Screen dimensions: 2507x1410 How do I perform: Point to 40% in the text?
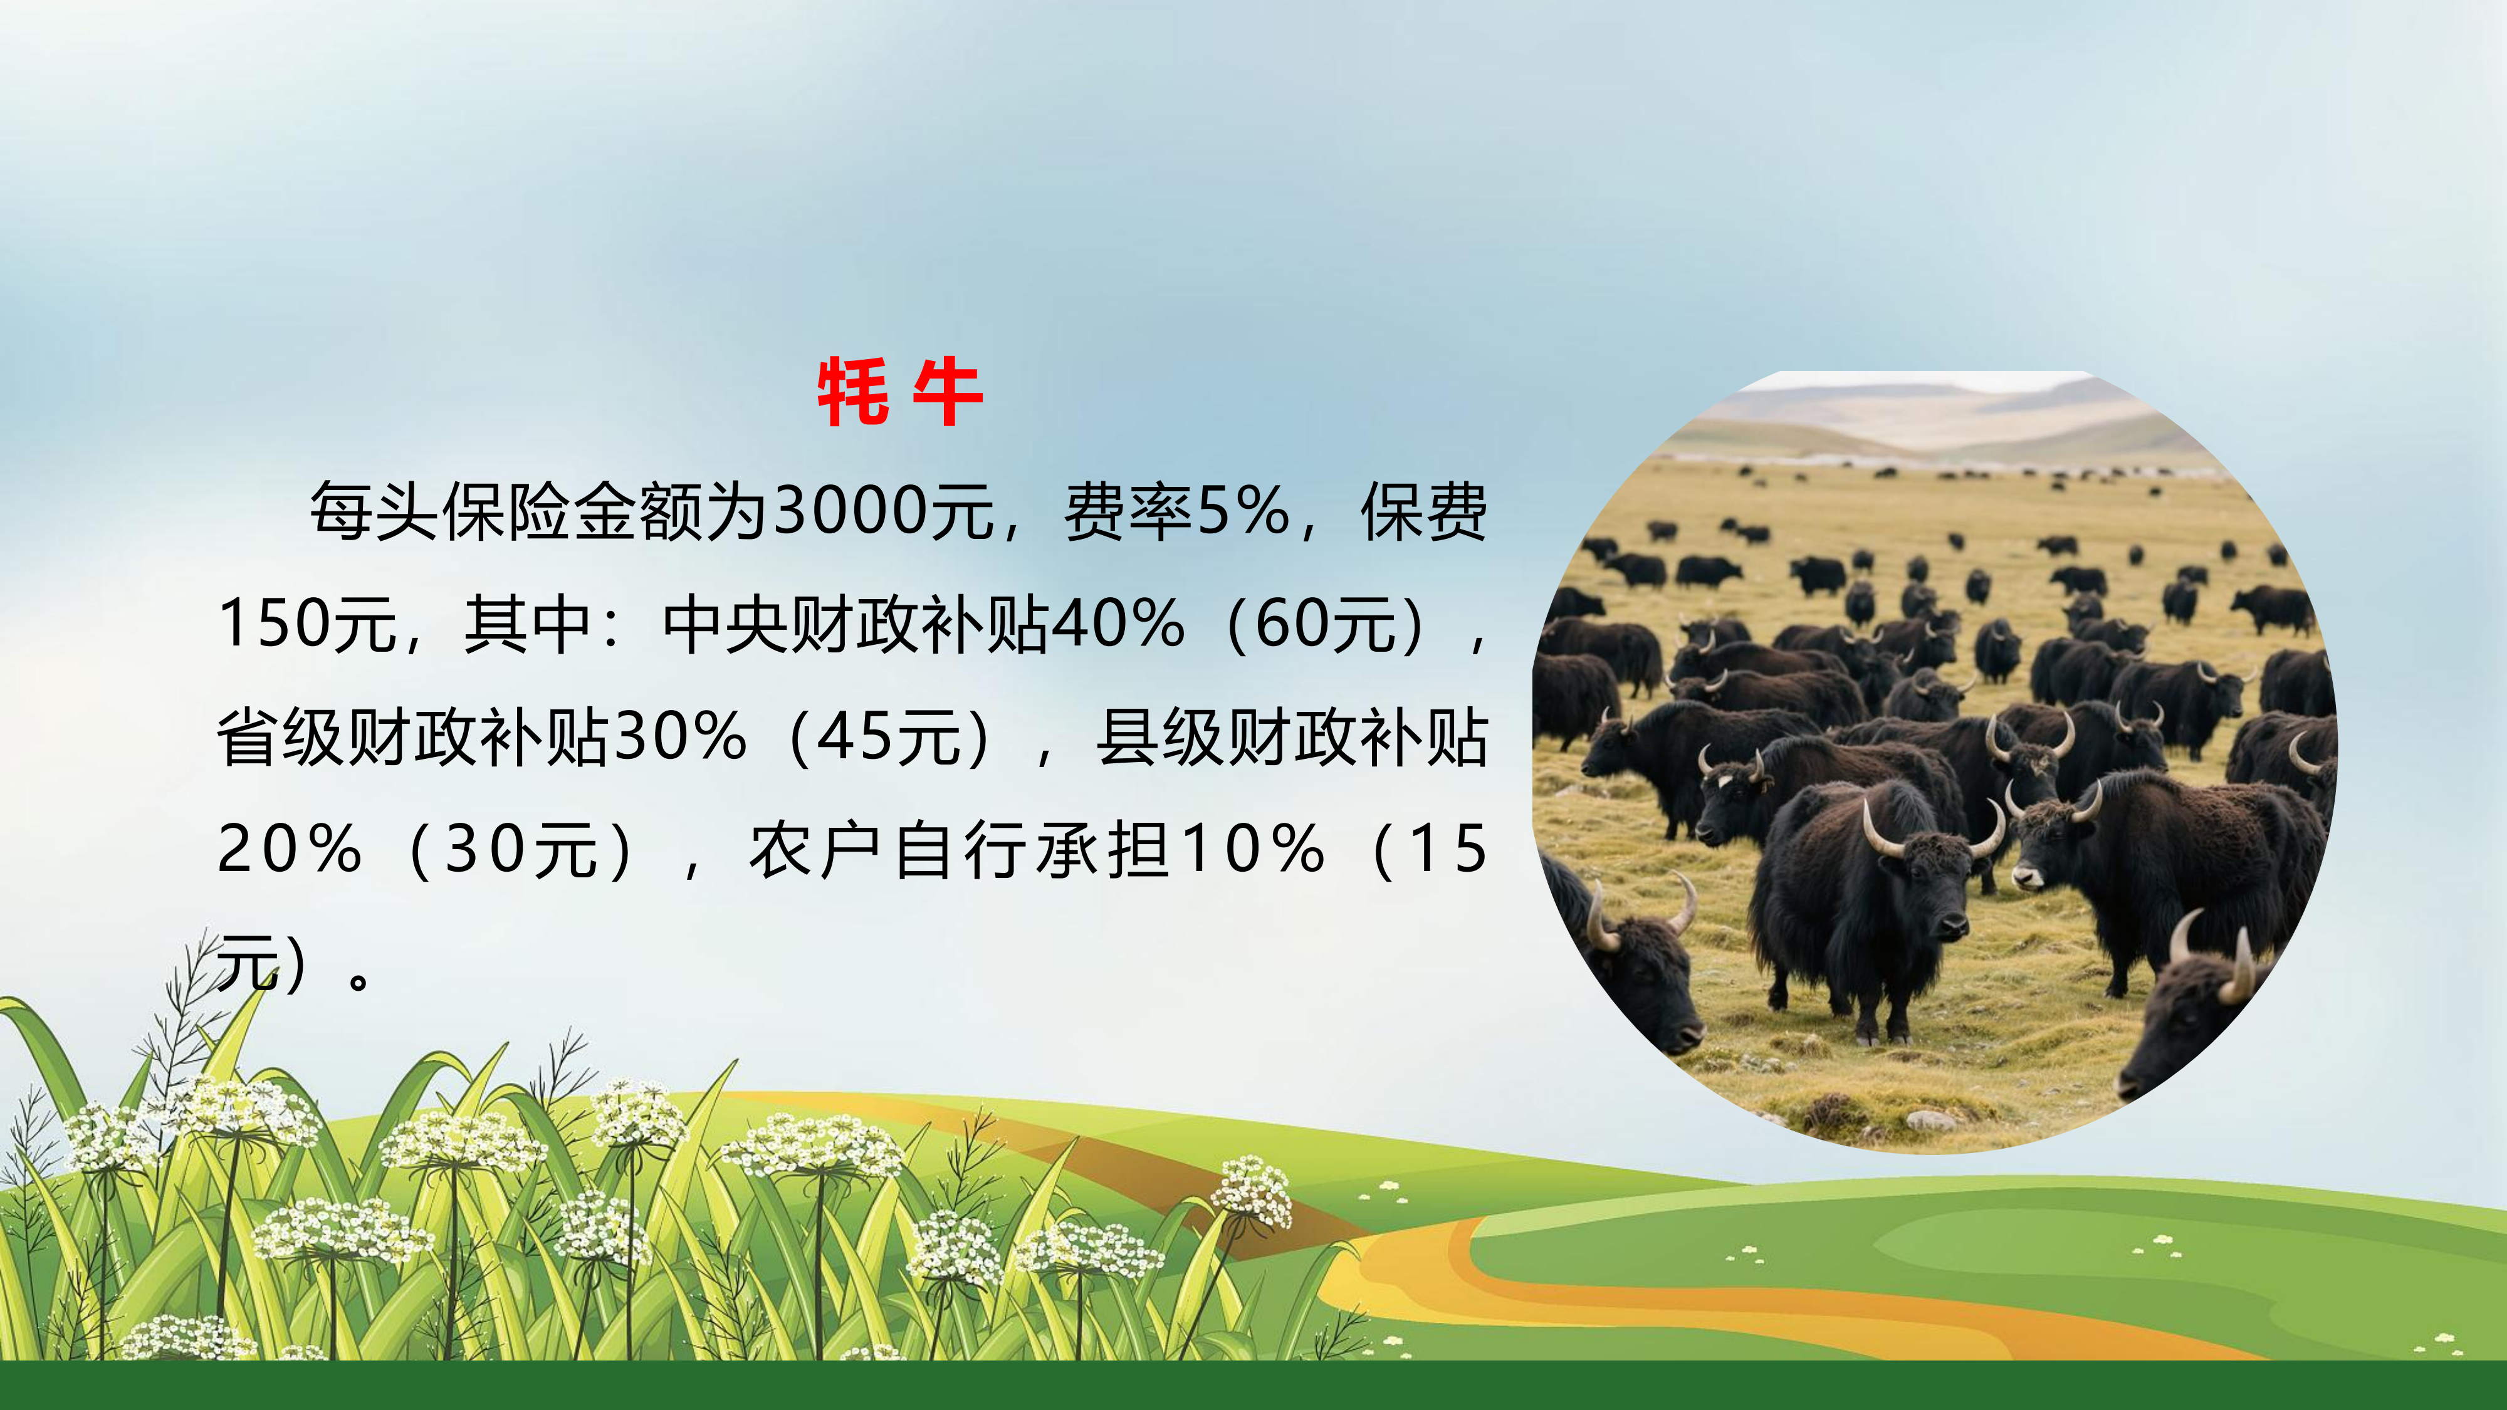[1118, 623]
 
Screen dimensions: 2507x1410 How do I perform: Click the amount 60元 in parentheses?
[1326, 624]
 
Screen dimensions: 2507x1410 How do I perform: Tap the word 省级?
[281, 736]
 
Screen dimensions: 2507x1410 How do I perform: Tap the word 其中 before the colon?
[528, 624]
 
